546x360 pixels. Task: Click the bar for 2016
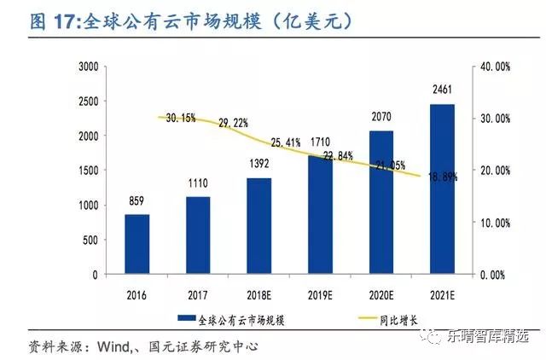click(136, 245)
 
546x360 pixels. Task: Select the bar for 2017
click(198, 236)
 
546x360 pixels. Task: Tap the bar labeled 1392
click(259, 226)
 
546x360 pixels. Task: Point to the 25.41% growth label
click(286, 141)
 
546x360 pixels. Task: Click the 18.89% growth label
click(441, 177)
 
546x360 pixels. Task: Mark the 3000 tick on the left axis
click(89, 67)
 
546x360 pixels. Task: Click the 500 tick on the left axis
click(92, 241)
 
